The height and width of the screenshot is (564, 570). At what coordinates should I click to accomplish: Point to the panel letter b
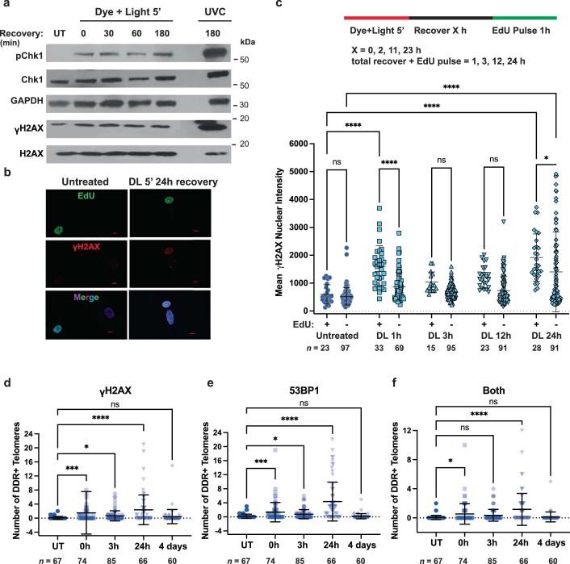[x=6, y=170]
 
